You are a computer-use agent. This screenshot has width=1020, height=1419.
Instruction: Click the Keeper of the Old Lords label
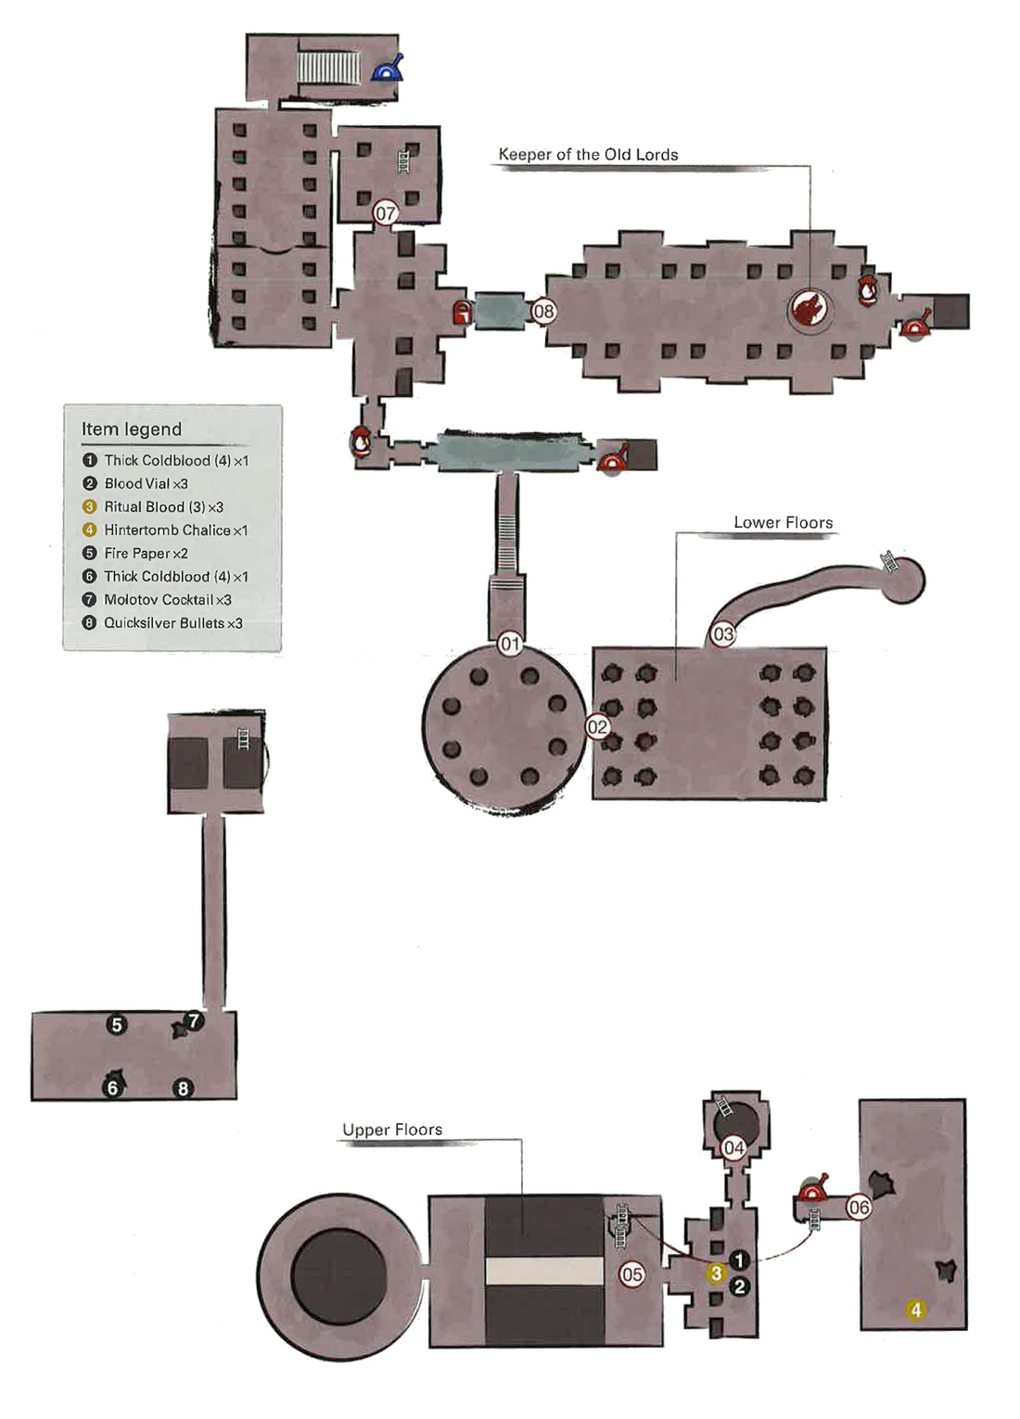(x=588, y=155)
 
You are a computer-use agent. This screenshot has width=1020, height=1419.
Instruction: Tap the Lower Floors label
(x=783, y=523)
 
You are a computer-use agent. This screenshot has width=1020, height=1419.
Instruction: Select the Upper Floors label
(x=392, y=1130)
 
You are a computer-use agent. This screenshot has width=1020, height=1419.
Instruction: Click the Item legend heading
(x=132, y=429)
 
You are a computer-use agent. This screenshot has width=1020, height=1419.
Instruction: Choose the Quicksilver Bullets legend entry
(x=172, y=623)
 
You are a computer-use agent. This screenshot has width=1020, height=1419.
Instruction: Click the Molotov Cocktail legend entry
(x=167, y=600)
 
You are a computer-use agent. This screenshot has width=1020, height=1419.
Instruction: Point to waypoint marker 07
(x=386, y=213)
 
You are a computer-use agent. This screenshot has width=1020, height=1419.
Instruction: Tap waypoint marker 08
(x=543, y=312)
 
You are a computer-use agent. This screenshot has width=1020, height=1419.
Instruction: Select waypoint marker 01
(x=510, y=644)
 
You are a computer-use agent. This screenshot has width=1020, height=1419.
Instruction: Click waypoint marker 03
(x=722, y=634)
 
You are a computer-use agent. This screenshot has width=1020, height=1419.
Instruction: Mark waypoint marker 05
(x=632, y=1274)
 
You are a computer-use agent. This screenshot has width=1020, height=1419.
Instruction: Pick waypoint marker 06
(x=859, y=1208)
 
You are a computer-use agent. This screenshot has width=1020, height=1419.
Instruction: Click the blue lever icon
(x=388, y=69)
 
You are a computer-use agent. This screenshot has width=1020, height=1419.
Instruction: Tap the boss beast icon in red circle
(x=810, y=309)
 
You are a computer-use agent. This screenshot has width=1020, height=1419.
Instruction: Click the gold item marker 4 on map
(x=916, y=1310)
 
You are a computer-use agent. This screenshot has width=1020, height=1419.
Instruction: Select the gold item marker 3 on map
(x=716, y=1274)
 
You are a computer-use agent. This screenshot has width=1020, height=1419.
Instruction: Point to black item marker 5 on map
(x=116, y=1025)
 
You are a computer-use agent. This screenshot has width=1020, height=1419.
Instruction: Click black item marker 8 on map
(x=183, y=1089)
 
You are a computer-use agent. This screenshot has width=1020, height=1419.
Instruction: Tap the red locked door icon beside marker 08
(x=462, y=313)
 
